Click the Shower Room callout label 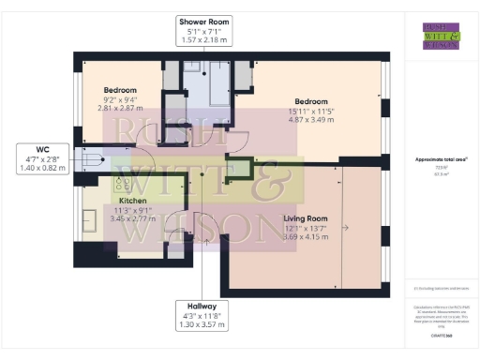[x=205, y=31]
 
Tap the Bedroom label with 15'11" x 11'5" [x=310, y=100]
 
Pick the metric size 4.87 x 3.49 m [x=310, y=118]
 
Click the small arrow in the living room [x=346, y=228]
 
